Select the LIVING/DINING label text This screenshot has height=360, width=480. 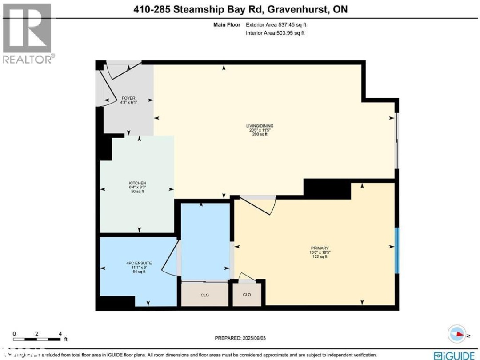click(260, 126)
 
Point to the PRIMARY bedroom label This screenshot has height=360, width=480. click(320, 248)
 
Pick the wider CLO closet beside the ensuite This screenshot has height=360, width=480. click(204, 295)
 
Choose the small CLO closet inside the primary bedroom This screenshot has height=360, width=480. click(247, 295)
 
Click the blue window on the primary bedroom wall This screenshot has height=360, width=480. click(397, 250)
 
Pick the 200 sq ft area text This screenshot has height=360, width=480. click(260, 134)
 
